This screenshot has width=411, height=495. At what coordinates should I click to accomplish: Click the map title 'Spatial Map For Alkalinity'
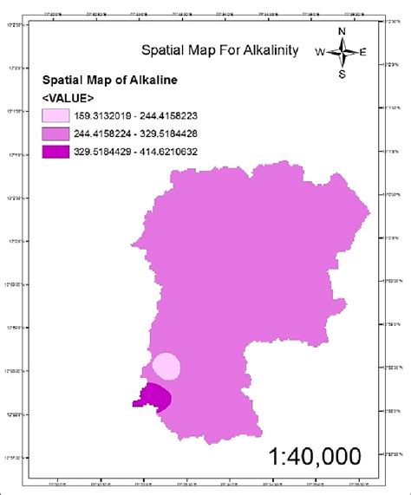coord(220,51)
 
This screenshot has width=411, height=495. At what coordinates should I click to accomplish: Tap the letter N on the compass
coord(342,33)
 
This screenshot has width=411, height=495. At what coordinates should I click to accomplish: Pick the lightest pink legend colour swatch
coord(61,114)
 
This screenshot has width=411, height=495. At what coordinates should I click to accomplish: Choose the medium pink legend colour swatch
coord(61,133)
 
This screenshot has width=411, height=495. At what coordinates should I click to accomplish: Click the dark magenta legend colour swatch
coord(61,151)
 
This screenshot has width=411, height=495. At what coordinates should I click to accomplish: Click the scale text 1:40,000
coord(314,456)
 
